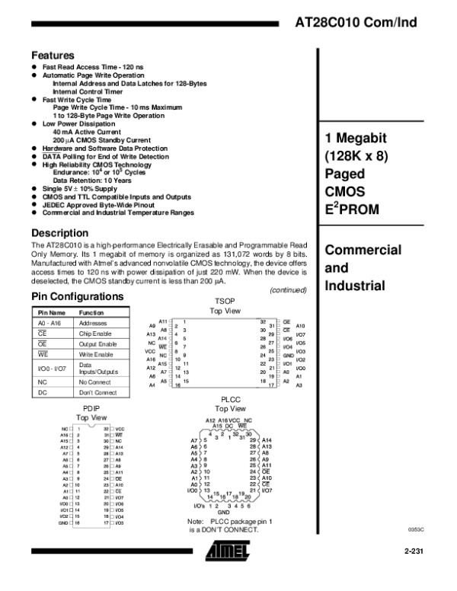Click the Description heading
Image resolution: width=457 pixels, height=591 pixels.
point(59,232)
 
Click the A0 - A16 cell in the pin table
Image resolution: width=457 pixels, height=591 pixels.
point(47,323)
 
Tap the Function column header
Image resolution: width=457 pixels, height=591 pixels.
point(91,312)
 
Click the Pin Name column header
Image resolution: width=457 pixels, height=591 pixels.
point(49,312)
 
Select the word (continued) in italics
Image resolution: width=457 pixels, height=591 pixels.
point(289,289)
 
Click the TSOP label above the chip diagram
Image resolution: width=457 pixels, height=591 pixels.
point(225,302)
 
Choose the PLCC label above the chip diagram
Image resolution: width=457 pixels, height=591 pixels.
point(230,399)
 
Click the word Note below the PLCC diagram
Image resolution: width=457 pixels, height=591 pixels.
point(196,521)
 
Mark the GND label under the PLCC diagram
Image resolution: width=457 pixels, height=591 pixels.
point(224,513)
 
